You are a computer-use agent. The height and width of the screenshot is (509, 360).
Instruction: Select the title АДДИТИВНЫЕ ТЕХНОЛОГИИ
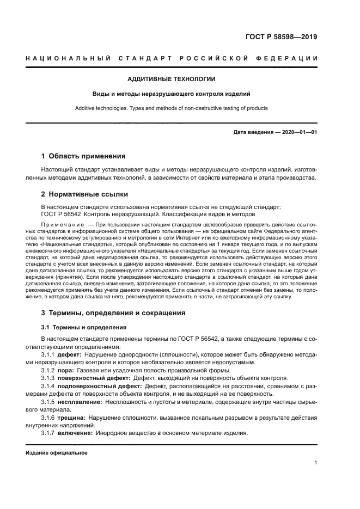click(171, 79)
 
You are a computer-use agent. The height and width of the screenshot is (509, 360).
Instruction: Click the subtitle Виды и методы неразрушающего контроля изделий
click(171, 94)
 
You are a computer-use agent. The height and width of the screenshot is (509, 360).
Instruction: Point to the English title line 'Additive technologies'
click(171, 108)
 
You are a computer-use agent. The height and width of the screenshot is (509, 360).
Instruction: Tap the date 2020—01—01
click(299, 132)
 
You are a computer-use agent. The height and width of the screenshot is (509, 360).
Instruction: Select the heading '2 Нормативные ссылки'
click(85, 194)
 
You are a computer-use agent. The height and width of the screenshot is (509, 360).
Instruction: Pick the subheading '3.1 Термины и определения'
click(84, 327)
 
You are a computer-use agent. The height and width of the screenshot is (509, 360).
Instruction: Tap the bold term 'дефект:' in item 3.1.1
click(69, 355)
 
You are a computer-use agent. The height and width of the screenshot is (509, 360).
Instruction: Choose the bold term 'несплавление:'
click(80, 401)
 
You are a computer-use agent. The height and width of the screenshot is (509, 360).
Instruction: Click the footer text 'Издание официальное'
click(57, 453)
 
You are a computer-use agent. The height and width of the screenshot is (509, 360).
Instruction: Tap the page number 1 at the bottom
click(316, 463)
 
